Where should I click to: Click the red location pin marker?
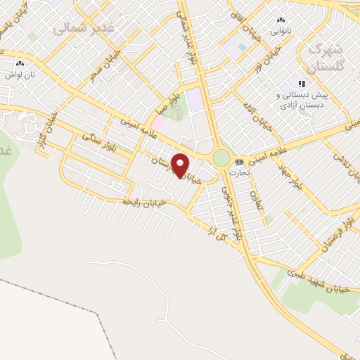[181, 165]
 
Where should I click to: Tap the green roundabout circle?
[222, 157]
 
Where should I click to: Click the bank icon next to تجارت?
[238, 161]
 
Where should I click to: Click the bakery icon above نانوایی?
[282, 20]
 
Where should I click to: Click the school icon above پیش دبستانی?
[302, 84]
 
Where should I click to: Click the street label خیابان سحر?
[103, 64]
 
